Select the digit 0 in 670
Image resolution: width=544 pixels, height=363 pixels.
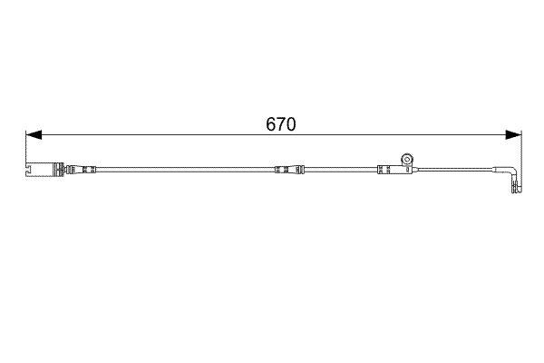tap(292, 124)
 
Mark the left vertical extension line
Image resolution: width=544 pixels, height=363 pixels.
tap(26, 150)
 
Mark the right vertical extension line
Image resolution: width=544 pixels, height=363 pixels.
tap(522, 159)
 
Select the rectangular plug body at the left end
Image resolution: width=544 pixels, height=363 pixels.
tap(40, 169)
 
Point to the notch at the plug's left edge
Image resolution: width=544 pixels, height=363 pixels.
tap(29, 169)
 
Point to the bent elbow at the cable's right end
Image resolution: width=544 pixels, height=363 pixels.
tap(514, 172)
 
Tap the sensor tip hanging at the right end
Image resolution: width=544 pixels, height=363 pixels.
tap(516, 188)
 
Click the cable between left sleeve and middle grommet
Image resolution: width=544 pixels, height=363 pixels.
tap(181, 169)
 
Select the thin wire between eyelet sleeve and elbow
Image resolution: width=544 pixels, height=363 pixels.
tap(453, 169)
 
